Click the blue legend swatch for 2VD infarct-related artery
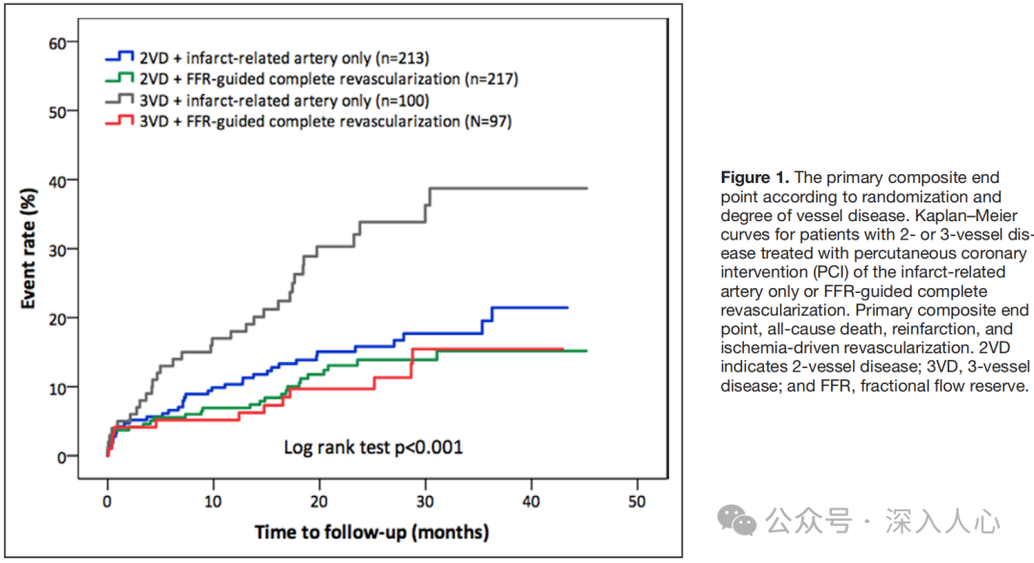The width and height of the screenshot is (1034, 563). (x=123, y=56)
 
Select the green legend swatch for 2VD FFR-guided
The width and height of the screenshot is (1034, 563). (x=123, y=79)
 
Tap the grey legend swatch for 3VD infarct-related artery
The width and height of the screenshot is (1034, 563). (x=123, y=100)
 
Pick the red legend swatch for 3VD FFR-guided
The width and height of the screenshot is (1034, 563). (x=123, y=122)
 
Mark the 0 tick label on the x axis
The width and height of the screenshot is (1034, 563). (x=107, y=501)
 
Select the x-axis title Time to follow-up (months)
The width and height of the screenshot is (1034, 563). (x=371, y=531)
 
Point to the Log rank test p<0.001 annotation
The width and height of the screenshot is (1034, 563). (x=372, y=447)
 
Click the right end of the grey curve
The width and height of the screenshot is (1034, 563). (x=586, y=189)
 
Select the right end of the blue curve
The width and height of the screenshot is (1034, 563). (x=567, y=307)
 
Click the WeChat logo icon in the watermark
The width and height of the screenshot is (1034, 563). (x=737, y=521)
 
